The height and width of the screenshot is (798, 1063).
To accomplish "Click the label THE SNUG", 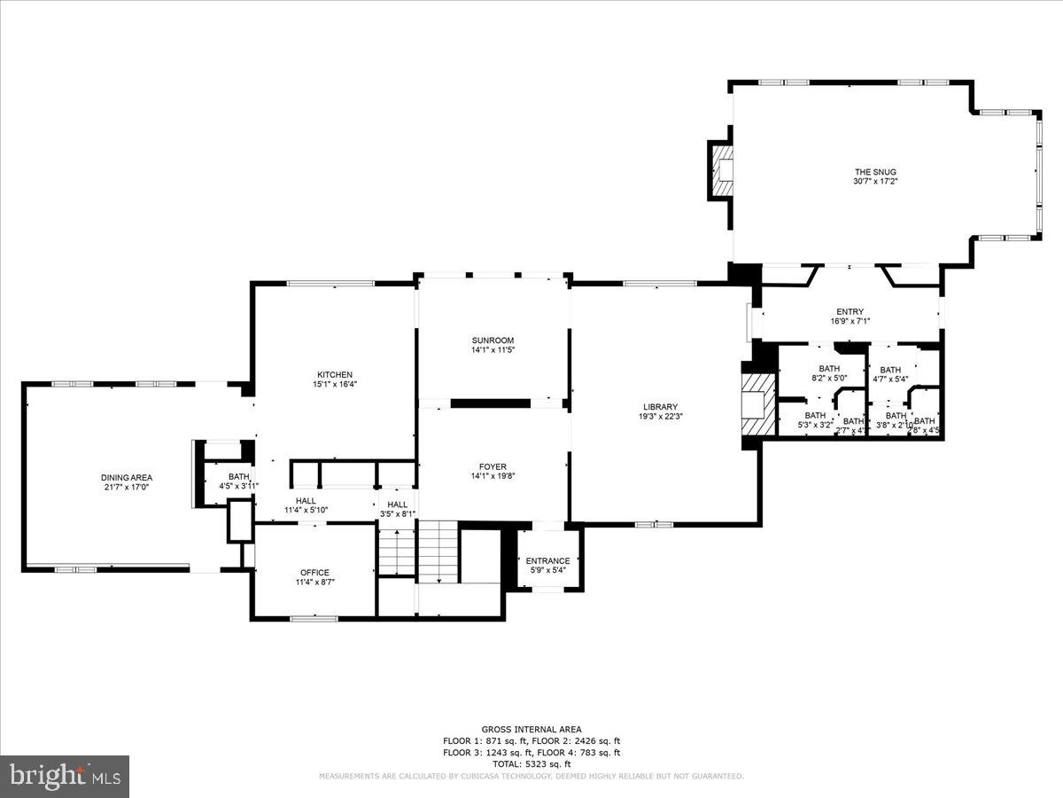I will click(x=869, y=172).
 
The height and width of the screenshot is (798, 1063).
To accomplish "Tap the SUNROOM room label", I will click(x=493, y=340).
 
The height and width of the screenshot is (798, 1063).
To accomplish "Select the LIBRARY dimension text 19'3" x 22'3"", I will click(x=661, y=417).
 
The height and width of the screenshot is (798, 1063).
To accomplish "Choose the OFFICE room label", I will click(x=314, y=572).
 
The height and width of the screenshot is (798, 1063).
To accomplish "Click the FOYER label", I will click(x=493, y=466).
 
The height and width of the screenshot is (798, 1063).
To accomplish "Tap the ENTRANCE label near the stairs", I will click(x=548, y=560).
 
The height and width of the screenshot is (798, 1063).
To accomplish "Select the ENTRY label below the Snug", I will click(x=850, y=311).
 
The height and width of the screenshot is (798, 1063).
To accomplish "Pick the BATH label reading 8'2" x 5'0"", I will click(x=829, y=369).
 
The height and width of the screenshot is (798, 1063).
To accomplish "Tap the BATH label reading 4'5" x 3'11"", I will click(x=239, y=476).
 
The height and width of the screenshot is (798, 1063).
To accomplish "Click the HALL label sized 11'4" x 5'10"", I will click(x=306, y=501).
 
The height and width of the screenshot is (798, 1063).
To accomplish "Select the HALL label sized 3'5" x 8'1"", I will click(x=398, y=505).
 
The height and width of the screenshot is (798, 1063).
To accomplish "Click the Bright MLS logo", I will click(x=65, y=776).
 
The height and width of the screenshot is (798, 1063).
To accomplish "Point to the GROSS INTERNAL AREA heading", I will click(x=531, y=729).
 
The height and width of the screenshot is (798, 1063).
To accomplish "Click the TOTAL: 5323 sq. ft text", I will click(x=531, y=763).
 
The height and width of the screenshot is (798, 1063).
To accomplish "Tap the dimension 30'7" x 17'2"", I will click(x=869, y=183).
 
